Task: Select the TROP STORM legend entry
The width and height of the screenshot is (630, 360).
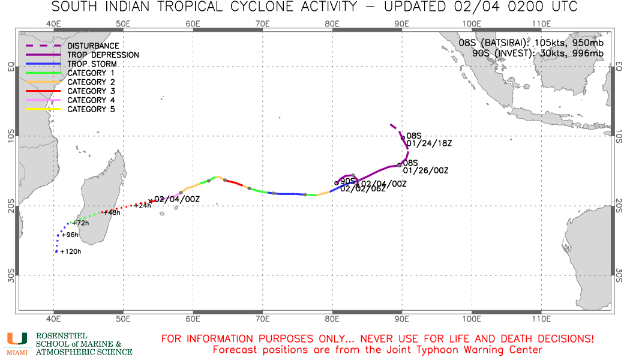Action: pyautogui.click(x=92, y=64)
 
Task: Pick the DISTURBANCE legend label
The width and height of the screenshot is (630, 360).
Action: pyautogui.click(x=93, y=46)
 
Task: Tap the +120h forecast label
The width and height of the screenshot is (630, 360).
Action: pyautogui.click(x=71, y=252)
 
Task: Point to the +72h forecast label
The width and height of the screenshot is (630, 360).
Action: pyautogui.click(x=80, y=223)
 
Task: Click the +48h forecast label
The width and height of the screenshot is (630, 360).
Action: pyautogui.click(x=113, y=212)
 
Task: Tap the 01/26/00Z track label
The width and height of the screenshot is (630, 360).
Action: pyautogui.click(x=425, y=170)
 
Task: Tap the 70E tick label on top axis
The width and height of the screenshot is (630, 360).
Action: pyautogui.click(x=262, y=23)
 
